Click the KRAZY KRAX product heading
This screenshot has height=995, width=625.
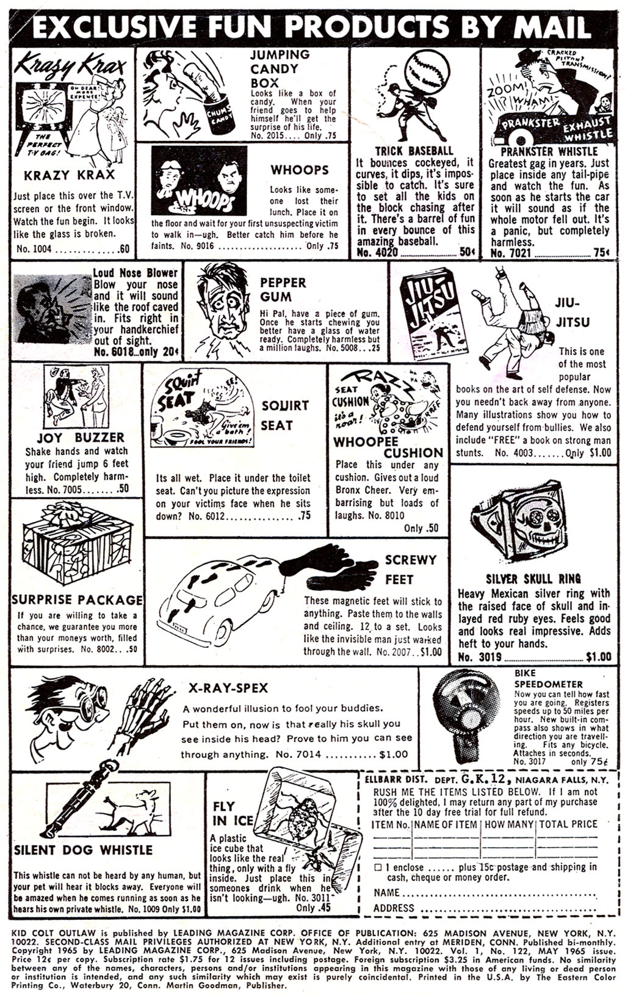pyautogui.click(x=69, y=175)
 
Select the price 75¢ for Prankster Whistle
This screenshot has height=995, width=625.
pyautogui.click(x=601, y=253)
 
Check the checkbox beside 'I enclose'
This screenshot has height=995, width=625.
pyautogui.click(x=378, y=867)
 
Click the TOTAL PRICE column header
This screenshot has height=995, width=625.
pyautogui.click(x=568, y=824)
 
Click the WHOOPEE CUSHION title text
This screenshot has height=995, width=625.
pyautogui.click(x=388, y=447)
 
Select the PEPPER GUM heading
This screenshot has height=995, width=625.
pyautogui.click(x=283, y=289)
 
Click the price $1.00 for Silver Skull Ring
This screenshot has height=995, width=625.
pyautogui.click(x=598, y=657)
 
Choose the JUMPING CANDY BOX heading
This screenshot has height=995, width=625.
pyautogui.click(x=280, y=68)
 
